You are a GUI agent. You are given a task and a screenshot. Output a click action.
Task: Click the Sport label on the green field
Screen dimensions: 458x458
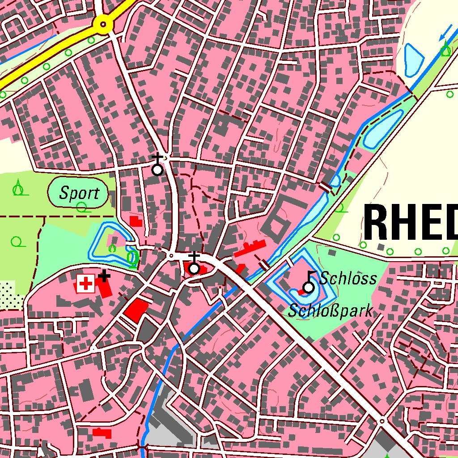point(79,193)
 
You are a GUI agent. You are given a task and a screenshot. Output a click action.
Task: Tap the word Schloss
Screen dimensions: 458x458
point(348,278)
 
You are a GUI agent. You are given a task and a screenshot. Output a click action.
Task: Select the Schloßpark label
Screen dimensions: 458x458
point(330,310)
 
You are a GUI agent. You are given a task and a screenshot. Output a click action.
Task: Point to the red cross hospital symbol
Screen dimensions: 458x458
point(85,284)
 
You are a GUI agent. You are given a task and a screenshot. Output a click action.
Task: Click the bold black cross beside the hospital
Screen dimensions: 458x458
point(104,276)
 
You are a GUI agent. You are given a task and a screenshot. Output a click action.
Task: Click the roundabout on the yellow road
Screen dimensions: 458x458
point(104,24)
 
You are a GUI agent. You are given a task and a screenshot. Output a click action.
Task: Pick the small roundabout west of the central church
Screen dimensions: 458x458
point(171,255)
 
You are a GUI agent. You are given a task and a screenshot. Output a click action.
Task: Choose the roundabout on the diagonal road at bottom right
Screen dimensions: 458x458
point(382,421)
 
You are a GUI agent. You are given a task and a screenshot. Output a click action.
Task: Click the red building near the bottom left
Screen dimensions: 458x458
point(102,433)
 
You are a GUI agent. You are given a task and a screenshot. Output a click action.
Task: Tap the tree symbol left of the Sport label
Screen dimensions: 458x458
point(18,188)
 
